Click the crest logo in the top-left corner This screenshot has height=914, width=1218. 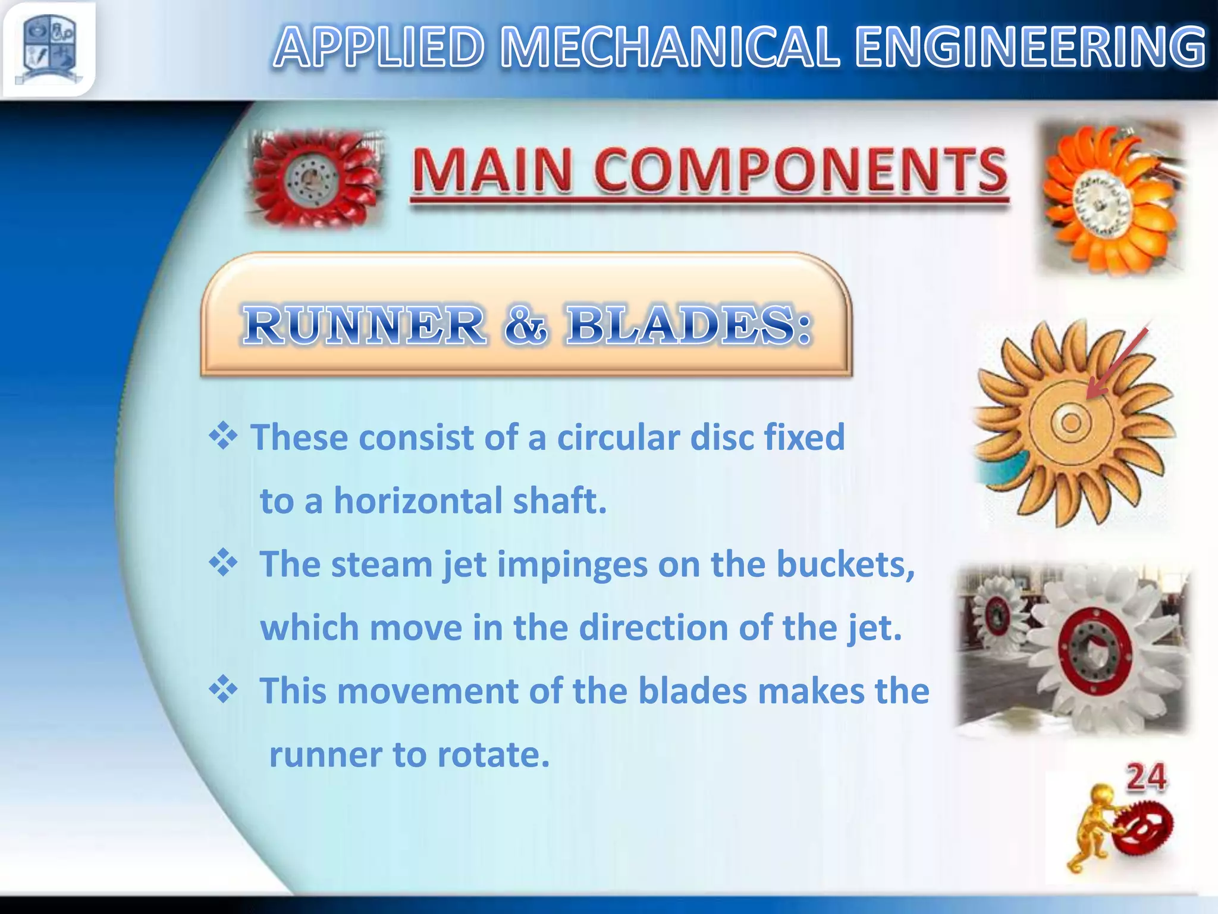[49, 49]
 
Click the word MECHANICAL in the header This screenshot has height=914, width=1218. [670, 48]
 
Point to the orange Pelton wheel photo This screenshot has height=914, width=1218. [1111, 199]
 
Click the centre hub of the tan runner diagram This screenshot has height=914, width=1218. [1071, 422]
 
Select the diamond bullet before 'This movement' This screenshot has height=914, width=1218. [223, 690]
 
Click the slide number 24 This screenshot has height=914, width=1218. [1146, 778]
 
